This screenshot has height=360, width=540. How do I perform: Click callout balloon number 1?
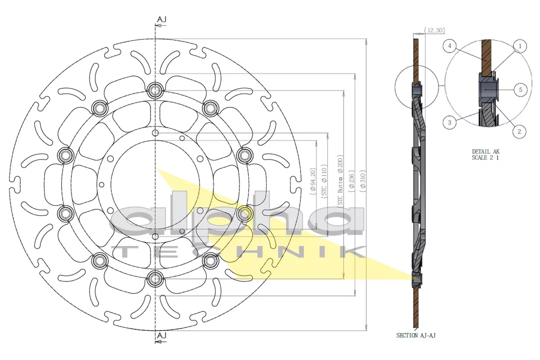(x=520, y=46)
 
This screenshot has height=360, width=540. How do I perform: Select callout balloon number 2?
(x=519, y=131)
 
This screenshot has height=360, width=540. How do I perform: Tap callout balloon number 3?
(x=449, y=122)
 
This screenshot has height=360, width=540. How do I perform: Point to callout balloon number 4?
(x=450, y=46)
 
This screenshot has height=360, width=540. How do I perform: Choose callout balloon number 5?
(x=520, y=89)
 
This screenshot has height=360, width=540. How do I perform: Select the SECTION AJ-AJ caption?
(x=416, y=335)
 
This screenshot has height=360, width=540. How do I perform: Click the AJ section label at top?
(x=161, y=19)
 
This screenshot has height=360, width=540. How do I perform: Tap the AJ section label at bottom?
(x=161, y=335)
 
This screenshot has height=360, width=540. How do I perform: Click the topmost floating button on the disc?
(x=155, y=90)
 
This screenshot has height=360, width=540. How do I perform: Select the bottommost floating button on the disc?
(x=155, y=277)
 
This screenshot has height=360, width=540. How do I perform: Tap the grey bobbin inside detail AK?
(x=488, y=90)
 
